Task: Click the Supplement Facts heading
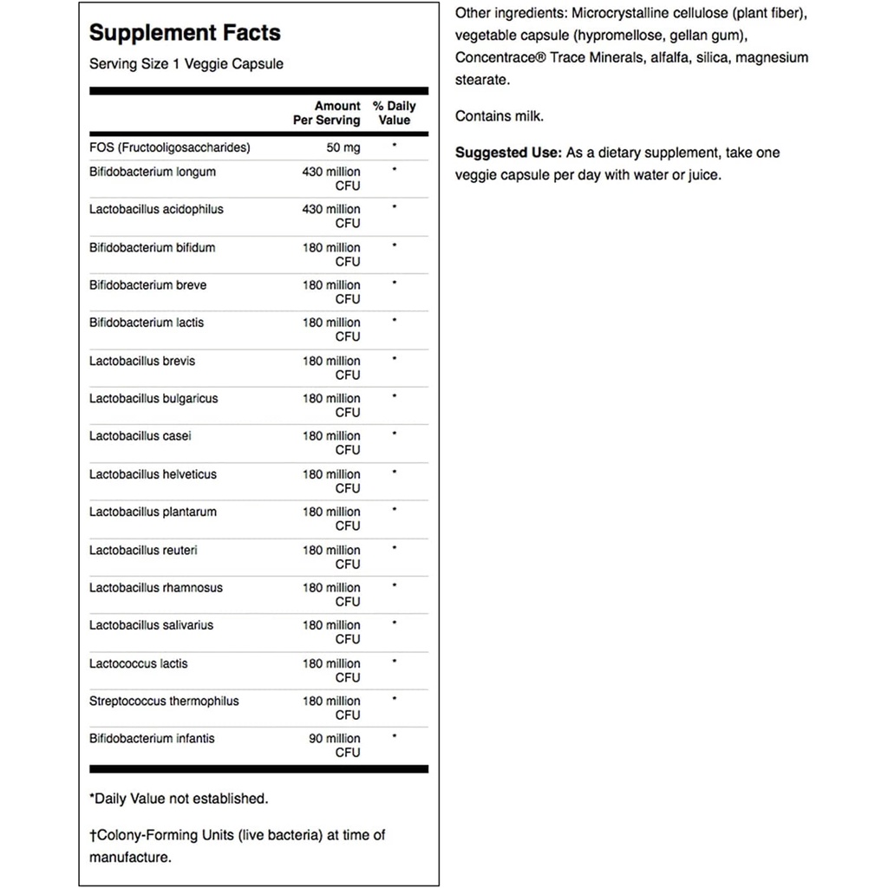tap(185, 33)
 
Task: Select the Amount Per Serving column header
tap(326, 113)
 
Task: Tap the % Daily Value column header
tap(395, 113)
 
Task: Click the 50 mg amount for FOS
tap(343, 147)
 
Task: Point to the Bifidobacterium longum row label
tap(153, 172)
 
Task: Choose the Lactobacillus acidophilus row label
tap(152, 209)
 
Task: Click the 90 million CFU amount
tap(332, 745)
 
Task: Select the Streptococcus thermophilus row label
tap(164, 701)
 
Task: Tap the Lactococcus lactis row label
tap(139, 663)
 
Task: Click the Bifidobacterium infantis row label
tap(152, 738)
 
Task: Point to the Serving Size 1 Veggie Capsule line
tap(186, 64)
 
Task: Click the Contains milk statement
tap(499, 115)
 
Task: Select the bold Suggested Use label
tap(508, 153)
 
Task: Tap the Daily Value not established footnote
tap(179, 798)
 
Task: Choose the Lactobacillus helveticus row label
tap(153, 474)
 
